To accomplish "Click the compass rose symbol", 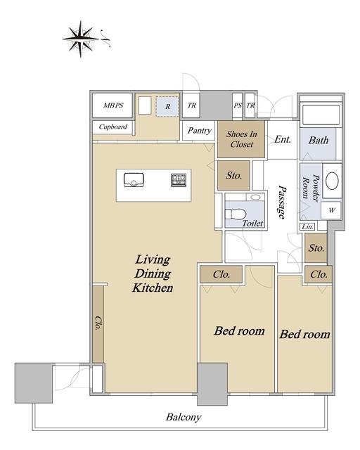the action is pyautogui.click(x=81, y=39).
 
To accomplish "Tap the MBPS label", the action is pyautogui.click(x=113, y=105).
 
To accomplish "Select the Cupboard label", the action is pyautogui.click(x=112, y=127).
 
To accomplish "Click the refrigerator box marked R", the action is pyautogui.click(x=167, y=106).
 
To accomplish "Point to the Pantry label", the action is pyautogui.click(x=199, y=131).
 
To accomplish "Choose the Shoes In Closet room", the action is pyautogui.click(x=241, y=139).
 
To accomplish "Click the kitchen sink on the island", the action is pyautogui.click(x=134, y=180).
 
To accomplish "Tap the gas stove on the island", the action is pyautogui.click(x=179, y=180).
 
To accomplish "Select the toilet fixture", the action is pyautogui.click(x=236, y=214).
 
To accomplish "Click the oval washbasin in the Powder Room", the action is pyautogui.click(x=332, y=181).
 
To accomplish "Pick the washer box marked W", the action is pyautogui.click(x=331, y=210).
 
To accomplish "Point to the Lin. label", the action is pyautogui.click(x=307, y=226).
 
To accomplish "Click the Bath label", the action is pyautogui.click(x=319, y=141).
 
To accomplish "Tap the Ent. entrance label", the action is pyautogui.click(x=283, y=139).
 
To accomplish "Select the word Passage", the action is pyautogui.click(x=282, y=202).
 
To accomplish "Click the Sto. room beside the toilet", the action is pyautogui.click(x=233, y=175).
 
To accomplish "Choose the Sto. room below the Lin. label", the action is pyautogui.click(x=316, y=248).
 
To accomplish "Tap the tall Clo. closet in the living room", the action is pyautogui.click(x=98, y=324).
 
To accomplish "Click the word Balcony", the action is pyautogui.click(x=184, y=417).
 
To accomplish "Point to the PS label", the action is pyautogui.click(x=238, y=105).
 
